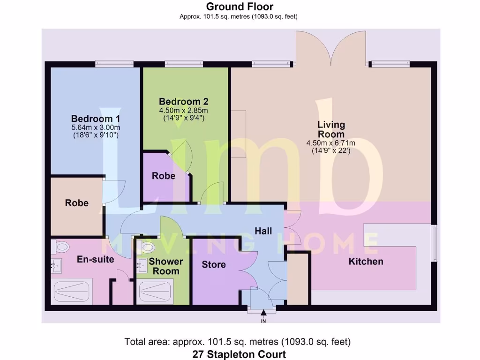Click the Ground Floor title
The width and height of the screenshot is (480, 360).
click(x=240, y=7)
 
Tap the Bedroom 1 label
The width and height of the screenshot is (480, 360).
click(x=92, y=119)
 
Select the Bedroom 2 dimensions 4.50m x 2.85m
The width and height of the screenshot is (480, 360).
click(x=183, y=110)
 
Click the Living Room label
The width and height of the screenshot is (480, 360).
click(x=331, y=129)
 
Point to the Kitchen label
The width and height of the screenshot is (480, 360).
click(x=366, y=262)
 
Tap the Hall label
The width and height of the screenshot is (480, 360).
click(x=264, y=231)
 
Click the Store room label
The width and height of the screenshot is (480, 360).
click(x=214, y=264)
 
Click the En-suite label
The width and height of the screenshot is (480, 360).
click(x=95, y=259)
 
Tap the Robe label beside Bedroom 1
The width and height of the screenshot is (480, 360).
click(x=76, y=203)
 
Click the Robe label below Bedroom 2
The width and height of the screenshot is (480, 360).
click(x=163, y=176)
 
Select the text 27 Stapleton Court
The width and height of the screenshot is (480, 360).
click(x=239, y=354)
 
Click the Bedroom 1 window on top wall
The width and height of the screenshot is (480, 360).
click(x=114, y=63)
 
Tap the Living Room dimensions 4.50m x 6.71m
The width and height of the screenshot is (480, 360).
click(x=330, y=143)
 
